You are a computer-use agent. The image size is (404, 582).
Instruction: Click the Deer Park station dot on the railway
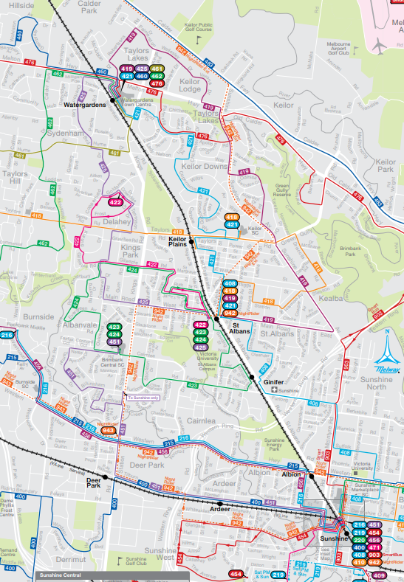pos(105,477)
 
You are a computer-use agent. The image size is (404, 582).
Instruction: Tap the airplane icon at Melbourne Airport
pos(380,45)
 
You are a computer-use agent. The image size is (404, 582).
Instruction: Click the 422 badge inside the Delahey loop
pos(115,201)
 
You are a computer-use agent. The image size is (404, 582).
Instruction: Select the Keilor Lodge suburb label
pos(190,85)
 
